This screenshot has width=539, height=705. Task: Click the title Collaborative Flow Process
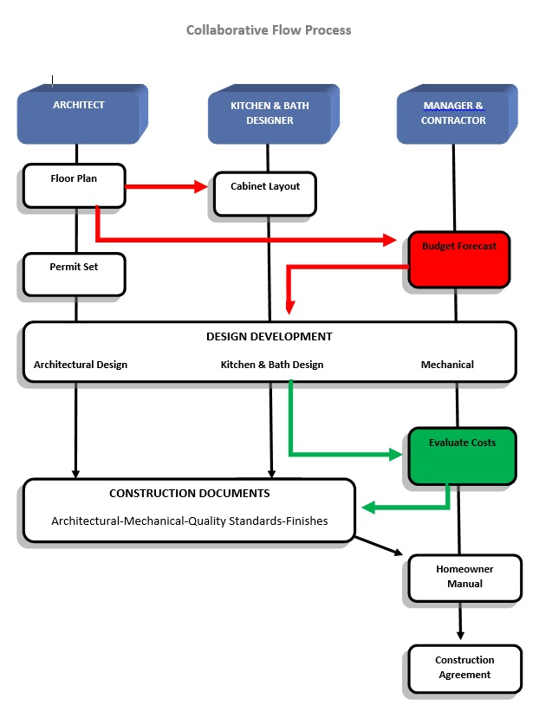[269, 29]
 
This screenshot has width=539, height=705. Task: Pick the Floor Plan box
[74, 184]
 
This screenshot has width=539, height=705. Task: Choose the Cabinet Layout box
[264, 193]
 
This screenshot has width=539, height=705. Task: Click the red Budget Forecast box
[459, 258]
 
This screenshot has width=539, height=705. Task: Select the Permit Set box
[74, 273]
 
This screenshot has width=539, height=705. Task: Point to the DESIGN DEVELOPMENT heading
[269, 336]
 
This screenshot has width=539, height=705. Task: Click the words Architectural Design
[81, 365]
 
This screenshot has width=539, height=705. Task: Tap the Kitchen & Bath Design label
[272, 365]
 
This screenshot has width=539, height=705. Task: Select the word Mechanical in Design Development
[447, 365]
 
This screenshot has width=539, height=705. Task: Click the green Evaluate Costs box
[462, 455]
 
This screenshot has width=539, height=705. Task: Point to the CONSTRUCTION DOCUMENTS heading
[189, 494]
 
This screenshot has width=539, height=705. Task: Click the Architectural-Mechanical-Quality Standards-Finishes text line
[190, 521]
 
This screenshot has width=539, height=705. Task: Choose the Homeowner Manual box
[464, 578]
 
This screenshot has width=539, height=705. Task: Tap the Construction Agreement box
[464, 668]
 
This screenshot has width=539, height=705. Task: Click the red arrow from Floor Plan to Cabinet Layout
[165, 186]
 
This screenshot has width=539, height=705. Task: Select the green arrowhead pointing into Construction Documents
[368, 508]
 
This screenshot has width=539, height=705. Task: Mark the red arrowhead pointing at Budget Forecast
[389, 240]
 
